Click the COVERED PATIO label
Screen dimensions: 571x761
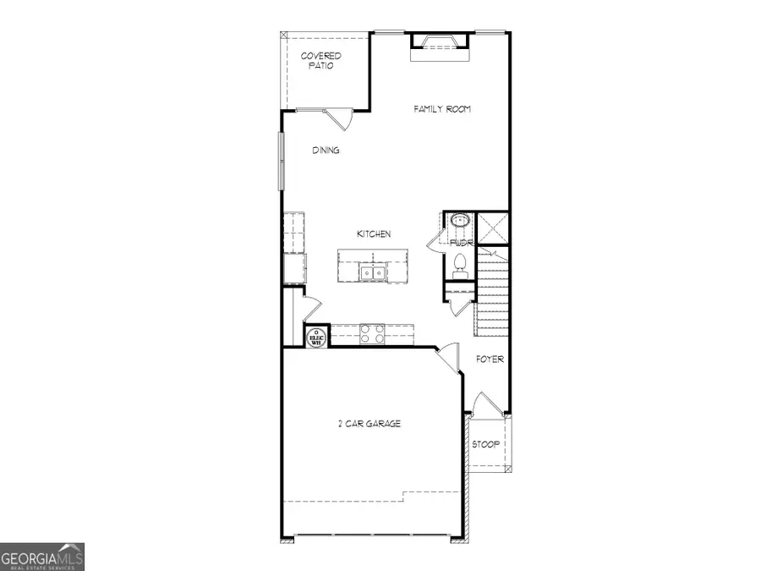(x=321, y=61)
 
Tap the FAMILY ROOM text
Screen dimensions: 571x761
(x=441, y=109)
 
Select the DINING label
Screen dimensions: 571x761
(x=326, y=151)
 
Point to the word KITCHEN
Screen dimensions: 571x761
(x=373, y=234)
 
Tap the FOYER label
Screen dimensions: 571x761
(x=490, y=360)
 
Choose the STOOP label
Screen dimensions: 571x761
(x=485, y=444)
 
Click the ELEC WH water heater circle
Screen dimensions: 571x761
(x=316, y=336)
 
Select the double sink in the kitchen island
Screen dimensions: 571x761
(x=372, y=272)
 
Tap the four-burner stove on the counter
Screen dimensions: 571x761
(x=372, y=334)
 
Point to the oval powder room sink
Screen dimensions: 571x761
(x=460, y=222)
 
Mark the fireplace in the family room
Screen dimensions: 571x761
(x=439, y=44)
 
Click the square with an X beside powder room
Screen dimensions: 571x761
(x=492, y=227)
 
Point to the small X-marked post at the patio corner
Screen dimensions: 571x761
(x=285, y=36)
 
